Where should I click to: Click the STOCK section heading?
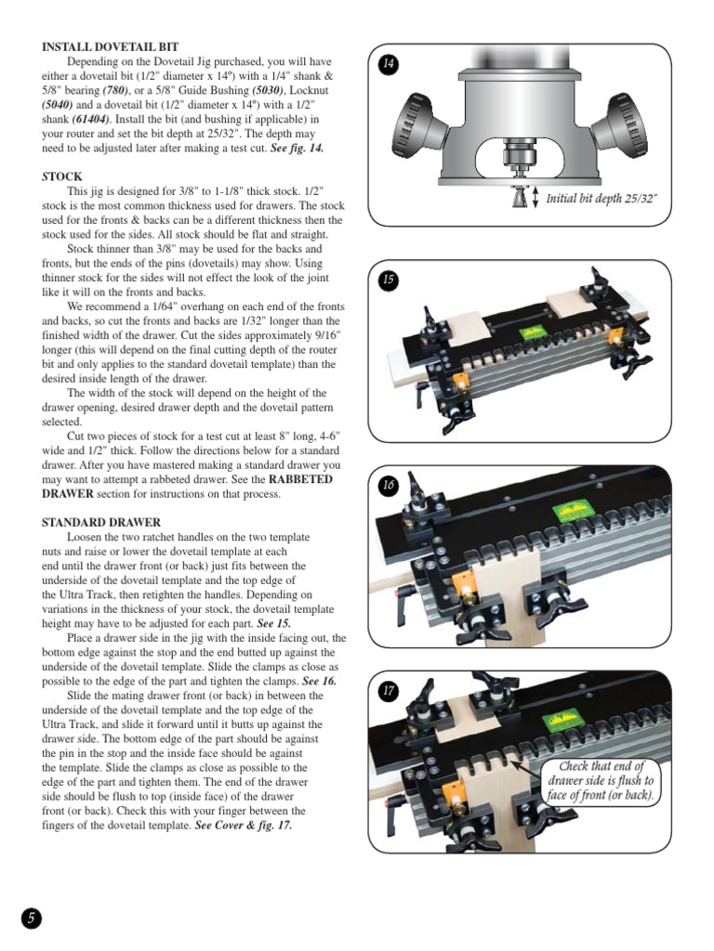click(62, 176)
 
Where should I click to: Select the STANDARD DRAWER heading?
click(101, 523)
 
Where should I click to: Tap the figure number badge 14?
click(389, 63)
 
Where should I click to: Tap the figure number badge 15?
click(389, 279)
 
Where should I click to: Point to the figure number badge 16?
click(389, 486)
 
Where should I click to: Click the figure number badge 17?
click(389, 691)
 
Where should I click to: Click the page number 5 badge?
click(32, 918)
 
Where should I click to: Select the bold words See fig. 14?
click(294, 148)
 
